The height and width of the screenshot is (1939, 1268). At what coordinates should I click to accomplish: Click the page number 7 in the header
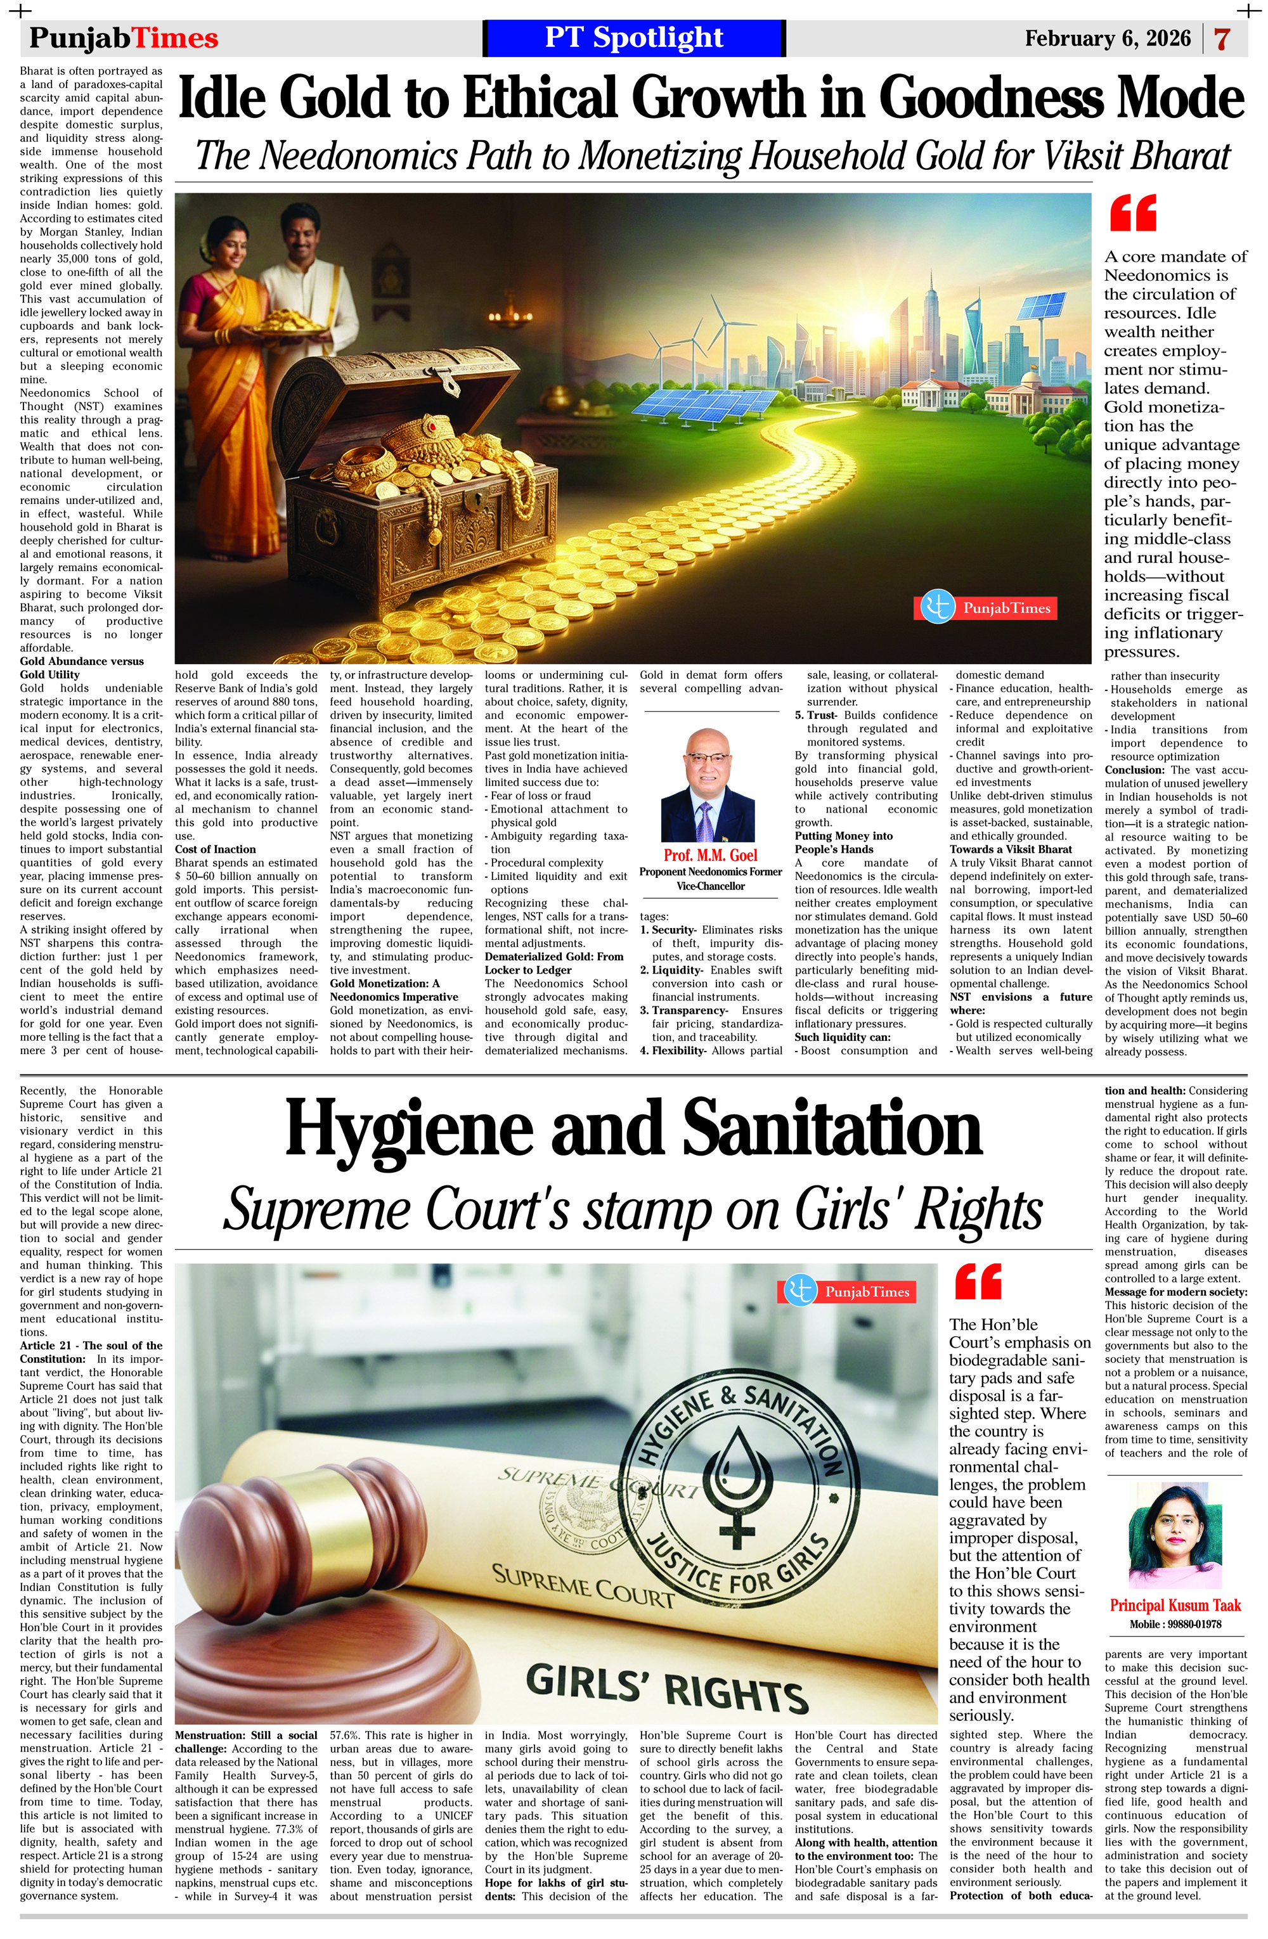(1220, 39)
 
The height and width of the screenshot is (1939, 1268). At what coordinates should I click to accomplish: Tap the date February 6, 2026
(1108, 38)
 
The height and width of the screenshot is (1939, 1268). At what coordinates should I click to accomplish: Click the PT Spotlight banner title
(633, 37)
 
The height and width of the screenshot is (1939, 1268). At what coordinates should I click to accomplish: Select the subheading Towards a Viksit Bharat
(1011, 849)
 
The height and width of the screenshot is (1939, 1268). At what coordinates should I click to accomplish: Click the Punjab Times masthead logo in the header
(124, 38)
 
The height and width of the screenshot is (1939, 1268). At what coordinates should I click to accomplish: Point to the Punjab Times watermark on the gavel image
(849, 1291)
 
